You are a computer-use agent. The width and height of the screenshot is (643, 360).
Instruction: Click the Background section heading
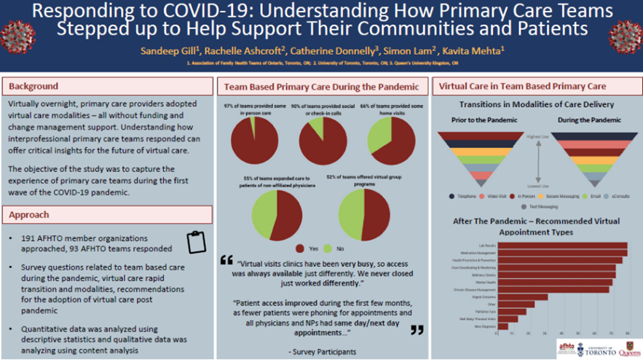coord(33,87)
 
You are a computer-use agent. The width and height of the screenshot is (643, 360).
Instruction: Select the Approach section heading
coord(31,215)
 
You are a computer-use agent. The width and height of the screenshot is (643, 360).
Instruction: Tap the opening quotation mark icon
coord(226,260)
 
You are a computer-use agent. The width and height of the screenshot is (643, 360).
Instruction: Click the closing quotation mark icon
coord(417,329)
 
